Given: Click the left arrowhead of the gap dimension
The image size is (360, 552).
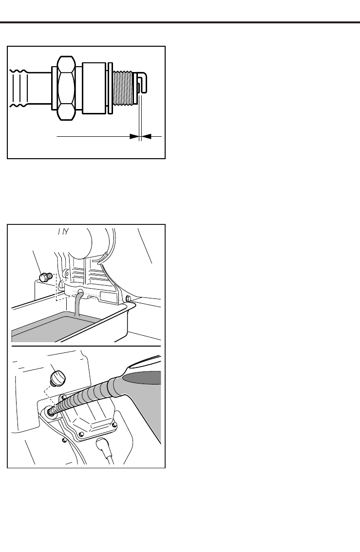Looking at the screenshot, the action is [134, 137].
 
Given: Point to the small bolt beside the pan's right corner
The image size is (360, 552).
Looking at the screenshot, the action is [128, 298].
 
